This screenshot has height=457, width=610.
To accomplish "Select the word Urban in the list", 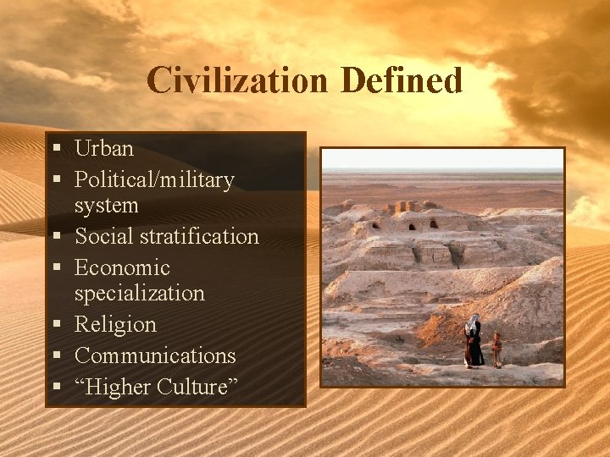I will [x=104, y=149].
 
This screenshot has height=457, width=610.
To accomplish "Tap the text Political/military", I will [x=154, y=180].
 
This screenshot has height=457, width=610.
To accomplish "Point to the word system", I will [x=106, y=206].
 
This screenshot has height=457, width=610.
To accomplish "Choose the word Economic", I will [x=122, y=268].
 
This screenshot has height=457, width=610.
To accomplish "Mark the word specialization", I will [x=140, y=294].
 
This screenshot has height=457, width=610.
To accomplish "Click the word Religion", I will [x=115, y=325].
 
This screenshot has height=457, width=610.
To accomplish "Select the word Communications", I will [x=155, y=356].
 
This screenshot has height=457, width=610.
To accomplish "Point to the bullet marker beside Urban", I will [x=55, y=150].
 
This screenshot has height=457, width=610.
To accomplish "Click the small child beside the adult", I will [x=496, y=350].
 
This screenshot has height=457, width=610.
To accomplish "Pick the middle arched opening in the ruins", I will [x=413, y=225].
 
